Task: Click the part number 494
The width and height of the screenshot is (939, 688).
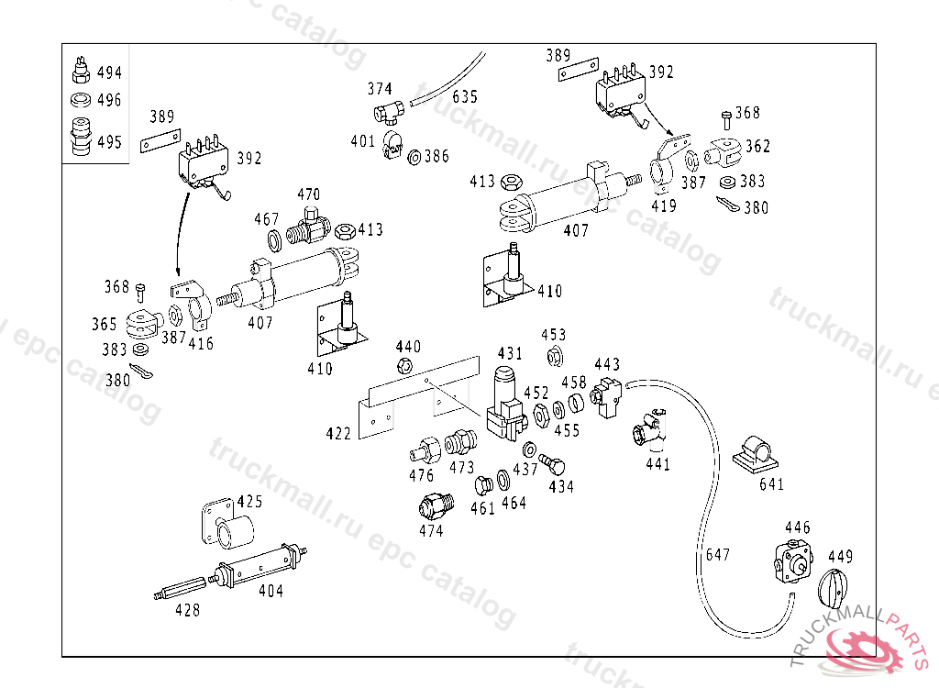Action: point(109,72)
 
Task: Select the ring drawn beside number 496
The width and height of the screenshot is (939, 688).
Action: point(81,99)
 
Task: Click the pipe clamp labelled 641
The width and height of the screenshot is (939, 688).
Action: point(755,454)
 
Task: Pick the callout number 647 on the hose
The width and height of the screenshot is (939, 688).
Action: point(717,555)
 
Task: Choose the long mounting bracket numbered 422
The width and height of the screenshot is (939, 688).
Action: point(419,397)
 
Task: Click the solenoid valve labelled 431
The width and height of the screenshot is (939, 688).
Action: point(506,405)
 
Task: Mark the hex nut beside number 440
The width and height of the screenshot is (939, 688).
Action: point(404,365)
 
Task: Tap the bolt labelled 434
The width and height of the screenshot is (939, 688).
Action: point(552,464)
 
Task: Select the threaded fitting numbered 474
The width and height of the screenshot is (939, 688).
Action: point(436,506)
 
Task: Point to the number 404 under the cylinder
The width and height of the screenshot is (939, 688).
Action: point(271,591)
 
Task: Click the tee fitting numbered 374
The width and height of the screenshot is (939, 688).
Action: point(388,112)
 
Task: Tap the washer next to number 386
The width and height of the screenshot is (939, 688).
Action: point(414,158)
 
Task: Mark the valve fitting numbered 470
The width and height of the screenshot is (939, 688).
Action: point(308,226)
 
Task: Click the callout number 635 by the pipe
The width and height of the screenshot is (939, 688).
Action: point(465,97)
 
